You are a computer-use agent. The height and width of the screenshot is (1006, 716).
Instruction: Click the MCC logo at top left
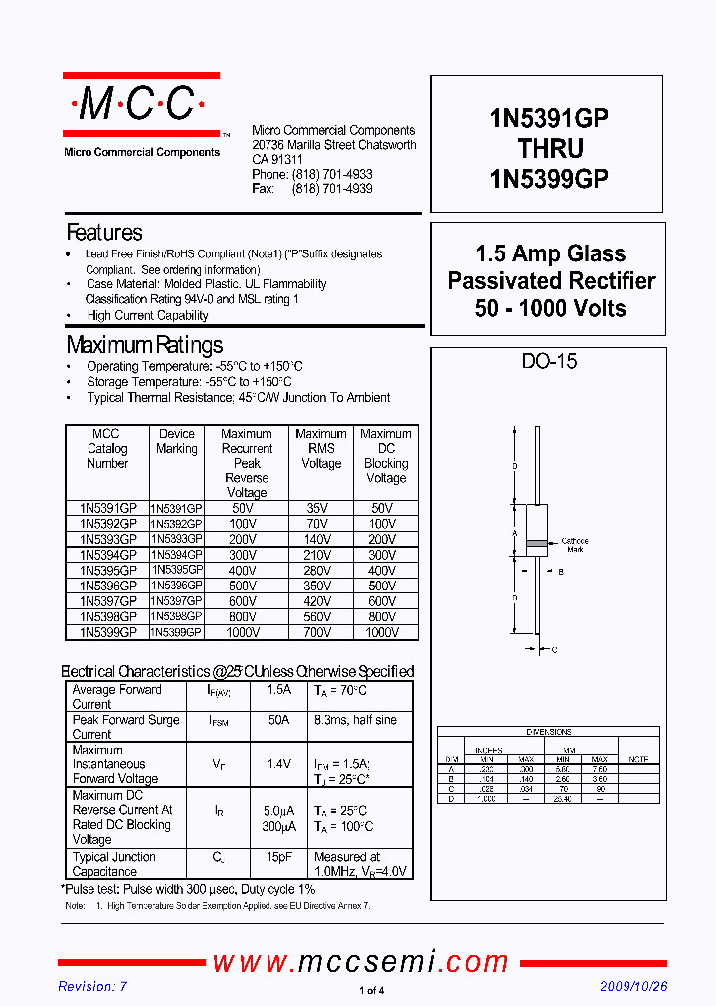(x=140, y=104)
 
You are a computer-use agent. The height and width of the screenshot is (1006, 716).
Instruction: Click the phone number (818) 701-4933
(x=332, y=174)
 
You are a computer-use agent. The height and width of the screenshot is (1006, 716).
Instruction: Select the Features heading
(x=104, y=233)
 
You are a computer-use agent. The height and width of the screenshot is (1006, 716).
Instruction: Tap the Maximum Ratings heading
(x=144, y=345)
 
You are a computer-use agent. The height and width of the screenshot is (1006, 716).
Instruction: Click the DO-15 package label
(x=549, y=362)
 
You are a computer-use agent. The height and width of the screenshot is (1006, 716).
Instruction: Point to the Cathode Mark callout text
(x=574, y=545)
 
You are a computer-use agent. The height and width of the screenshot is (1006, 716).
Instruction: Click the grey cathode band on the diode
(x=536, y=543)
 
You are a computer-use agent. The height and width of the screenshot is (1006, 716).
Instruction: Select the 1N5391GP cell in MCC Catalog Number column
(x=107, y=507)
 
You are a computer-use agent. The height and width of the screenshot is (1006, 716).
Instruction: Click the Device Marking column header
(x=177, y=441)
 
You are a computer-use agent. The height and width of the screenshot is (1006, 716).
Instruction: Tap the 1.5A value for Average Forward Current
(x=279, y=690)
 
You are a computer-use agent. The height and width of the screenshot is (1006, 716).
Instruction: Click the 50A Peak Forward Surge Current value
(x=279, y=720)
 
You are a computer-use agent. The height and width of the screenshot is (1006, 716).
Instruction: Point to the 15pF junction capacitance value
(x=279, y=857)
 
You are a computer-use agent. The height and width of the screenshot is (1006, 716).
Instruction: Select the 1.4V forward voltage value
(x=279, y=764)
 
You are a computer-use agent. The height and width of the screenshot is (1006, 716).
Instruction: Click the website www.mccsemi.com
(x=360, y=961)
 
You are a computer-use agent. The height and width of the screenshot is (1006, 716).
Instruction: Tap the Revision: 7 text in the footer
(x=92, y=986)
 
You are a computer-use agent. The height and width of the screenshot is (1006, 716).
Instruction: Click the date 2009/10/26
(x=633, y=986)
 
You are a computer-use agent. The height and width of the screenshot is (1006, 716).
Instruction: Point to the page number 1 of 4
(x=370, y=990)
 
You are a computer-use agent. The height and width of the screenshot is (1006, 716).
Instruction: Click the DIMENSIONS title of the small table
(x=548, y=732)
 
